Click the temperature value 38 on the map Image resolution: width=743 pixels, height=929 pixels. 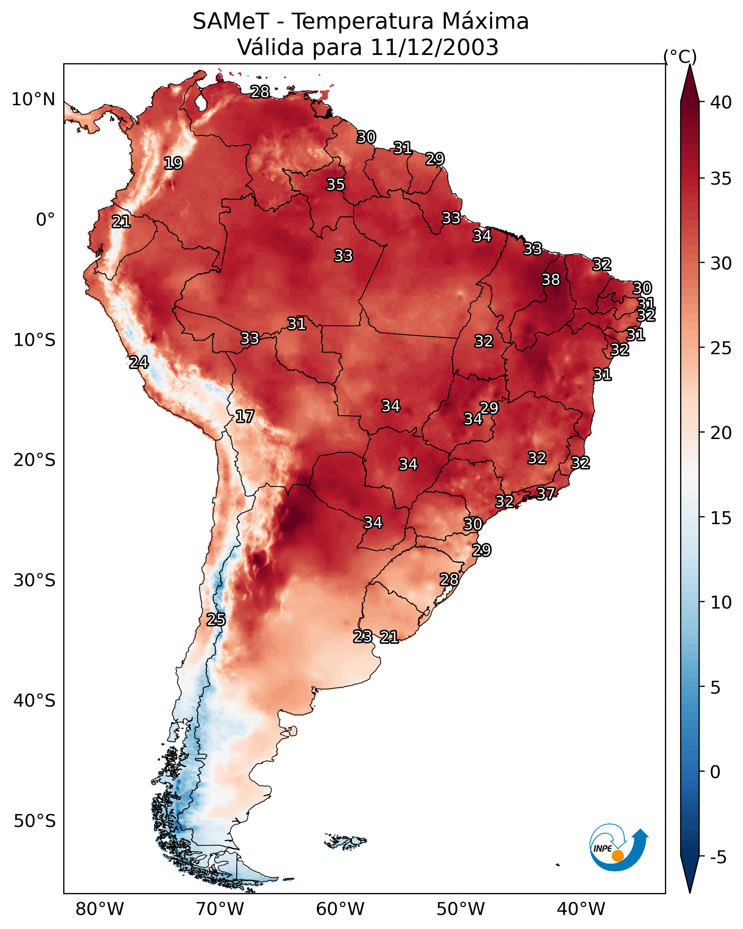551,279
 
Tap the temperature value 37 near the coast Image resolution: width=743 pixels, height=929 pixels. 546,493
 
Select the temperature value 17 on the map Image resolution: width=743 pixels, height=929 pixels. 244,416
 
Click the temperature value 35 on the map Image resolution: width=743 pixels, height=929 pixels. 335,184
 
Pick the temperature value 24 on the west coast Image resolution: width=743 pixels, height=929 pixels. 139,362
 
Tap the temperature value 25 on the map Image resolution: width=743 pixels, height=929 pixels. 216,619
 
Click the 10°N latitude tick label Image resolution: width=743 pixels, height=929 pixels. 33,100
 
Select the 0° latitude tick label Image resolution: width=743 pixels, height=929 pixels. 45,220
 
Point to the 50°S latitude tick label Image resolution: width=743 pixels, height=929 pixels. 35,821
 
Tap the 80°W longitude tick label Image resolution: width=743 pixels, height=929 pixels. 100,909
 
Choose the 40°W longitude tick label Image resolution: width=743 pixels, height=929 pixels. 581,909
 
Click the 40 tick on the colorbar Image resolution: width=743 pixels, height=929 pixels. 721,102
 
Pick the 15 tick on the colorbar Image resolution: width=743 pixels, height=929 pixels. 721,518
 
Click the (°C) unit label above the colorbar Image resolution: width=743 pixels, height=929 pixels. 680,56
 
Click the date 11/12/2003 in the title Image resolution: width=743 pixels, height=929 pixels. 434,47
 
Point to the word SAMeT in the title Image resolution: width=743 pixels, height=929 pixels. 231,21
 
